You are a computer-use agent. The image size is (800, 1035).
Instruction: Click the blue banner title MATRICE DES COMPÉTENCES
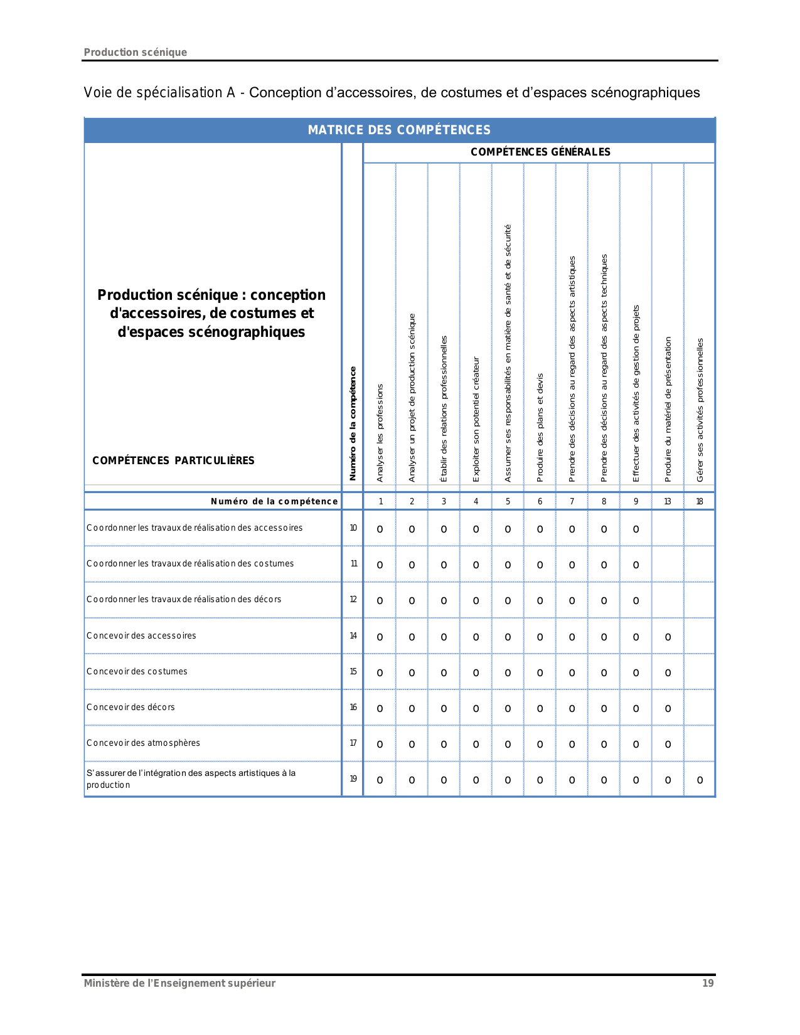[x=399, y=130]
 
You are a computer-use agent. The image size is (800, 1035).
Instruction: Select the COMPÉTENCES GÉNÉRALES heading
[x=540, y=152]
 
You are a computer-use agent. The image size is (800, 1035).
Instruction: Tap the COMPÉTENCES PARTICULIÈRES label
[x=173, y=460]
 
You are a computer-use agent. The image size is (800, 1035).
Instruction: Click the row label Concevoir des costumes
[x=137, y=671]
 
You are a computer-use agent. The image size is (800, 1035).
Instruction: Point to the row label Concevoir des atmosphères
[x=143, y=743]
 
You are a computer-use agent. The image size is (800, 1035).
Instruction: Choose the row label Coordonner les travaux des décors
[x=184, y=599]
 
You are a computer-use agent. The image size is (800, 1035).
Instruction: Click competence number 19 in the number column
[x=353, y=778]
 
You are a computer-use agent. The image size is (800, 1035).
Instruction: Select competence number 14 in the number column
[x=353, y=635]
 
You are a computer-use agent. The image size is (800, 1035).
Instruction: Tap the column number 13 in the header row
[x=668, y=501]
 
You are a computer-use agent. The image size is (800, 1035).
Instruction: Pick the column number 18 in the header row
[x=700, y=501]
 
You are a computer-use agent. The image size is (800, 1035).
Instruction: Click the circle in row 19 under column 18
[x=700, y=780]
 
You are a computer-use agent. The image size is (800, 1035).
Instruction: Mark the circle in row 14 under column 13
[x=668, y=637]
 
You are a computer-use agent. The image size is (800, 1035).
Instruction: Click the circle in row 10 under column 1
[x=380, y=529]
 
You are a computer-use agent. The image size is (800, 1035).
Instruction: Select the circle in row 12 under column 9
[x=636, y=601]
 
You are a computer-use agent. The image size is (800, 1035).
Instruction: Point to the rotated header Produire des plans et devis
[x=540, y=428]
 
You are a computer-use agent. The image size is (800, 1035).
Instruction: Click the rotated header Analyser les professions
[x=380, y=433]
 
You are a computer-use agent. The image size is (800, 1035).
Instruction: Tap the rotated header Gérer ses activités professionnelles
[x=700, y=410]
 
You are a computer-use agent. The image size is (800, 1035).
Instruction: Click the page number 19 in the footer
[x=708, y=983]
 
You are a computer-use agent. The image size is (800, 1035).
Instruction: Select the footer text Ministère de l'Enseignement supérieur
[x=179, y=983]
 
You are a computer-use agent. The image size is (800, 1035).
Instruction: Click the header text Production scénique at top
[x=136, y=52]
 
